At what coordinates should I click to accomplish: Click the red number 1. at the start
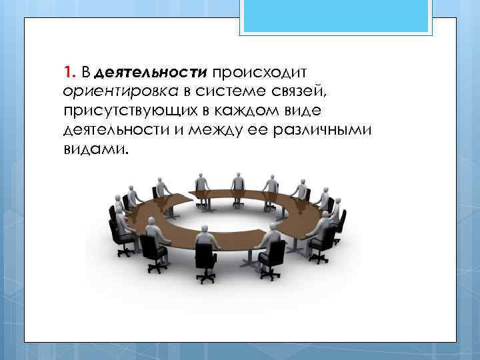click(71, 71)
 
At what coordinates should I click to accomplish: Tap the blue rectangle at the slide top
click(336, 16)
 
